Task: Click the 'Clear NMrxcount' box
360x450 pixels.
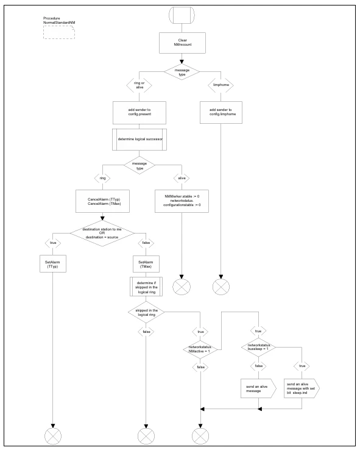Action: pyautogui.click(x=182, y=43)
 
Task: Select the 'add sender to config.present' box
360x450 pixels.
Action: pyautogui.click(x=139, y=112)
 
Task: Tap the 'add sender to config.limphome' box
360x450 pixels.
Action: pyautogui.click(x=221, y=112)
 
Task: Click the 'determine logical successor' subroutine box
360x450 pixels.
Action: pyautogui.click(x=139, y=139)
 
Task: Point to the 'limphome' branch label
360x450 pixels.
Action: pyautogui.click(x=221, y=85)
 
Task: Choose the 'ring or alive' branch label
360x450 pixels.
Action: pyautogui.click(x=139, y=85)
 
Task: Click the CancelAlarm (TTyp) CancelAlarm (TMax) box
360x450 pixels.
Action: pyautogui.click(x=102, y=201)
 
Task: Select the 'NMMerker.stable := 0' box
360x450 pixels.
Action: pyautogui.click(x=182, y=201)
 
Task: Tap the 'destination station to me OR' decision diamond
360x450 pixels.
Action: pyautogui.click(x=102, y=233)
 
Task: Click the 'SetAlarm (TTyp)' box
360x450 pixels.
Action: pyautogui.click(x=53, y=264)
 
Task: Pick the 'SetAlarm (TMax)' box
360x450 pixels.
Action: pyautogui.click(x=146, y=264)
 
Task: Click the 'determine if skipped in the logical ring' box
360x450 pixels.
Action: pyautogui.click(x=146, y=287)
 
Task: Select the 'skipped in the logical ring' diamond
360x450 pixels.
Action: pyautogui.click(x=146, y=313)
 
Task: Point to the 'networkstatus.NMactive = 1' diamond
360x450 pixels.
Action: pyautogui.click(x=200, y=349)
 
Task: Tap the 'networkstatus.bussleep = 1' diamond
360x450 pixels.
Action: pyautogui.click(x=258, y=347)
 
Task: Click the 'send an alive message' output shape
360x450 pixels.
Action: pyautogui.click(x=258, y=388)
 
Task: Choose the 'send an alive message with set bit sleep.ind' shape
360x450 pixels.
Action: pyautogui.click(x=302, y=388)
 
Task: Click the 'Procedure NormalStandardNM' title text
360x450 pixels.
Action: pyautogui.click(x=59, y=20)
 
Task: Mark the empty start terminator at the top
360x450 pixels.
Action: pyautogui.click(x=182, y=15)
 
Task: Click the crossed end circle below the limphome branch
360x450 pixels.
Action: pyautogui.click(x=221, y=287)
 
